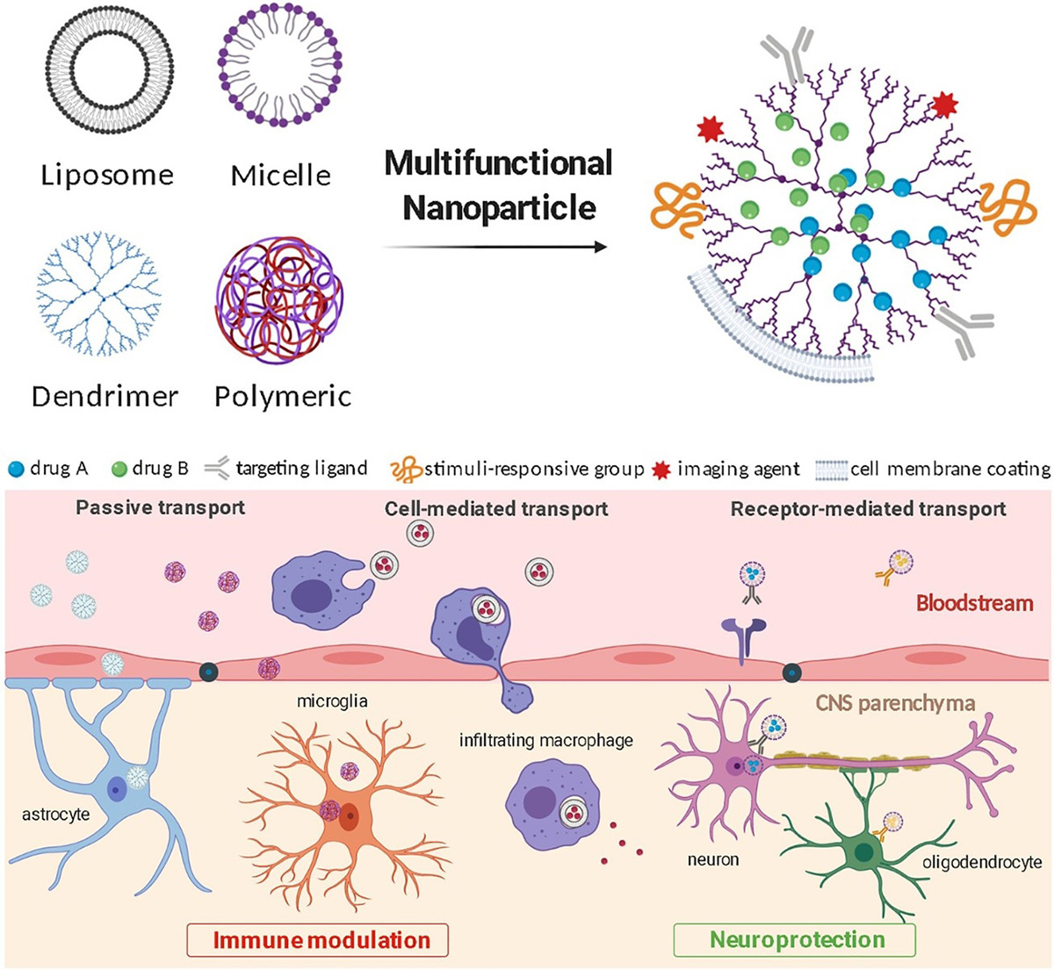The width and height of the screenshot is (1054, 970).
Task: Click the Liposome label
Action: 107,175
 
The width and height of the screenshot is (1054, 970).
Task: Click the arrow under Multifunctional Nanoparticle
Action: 495,248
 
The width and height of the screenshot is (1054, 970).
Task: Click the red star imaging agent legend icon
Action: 662,470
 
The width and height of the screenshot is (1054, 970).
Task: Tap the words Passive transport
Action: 160,507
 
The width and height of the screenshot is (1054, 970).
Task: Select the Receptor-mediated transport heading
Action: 868,508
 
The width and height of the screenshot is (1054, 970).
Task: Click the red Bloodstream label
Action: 974,603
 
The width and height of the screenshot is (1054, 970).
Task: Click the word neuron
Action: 713,859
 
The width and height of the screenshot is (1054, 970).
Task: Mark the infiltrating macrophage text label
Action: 545,740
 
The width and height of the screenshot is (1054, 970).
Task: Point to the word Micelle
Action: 280,175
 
